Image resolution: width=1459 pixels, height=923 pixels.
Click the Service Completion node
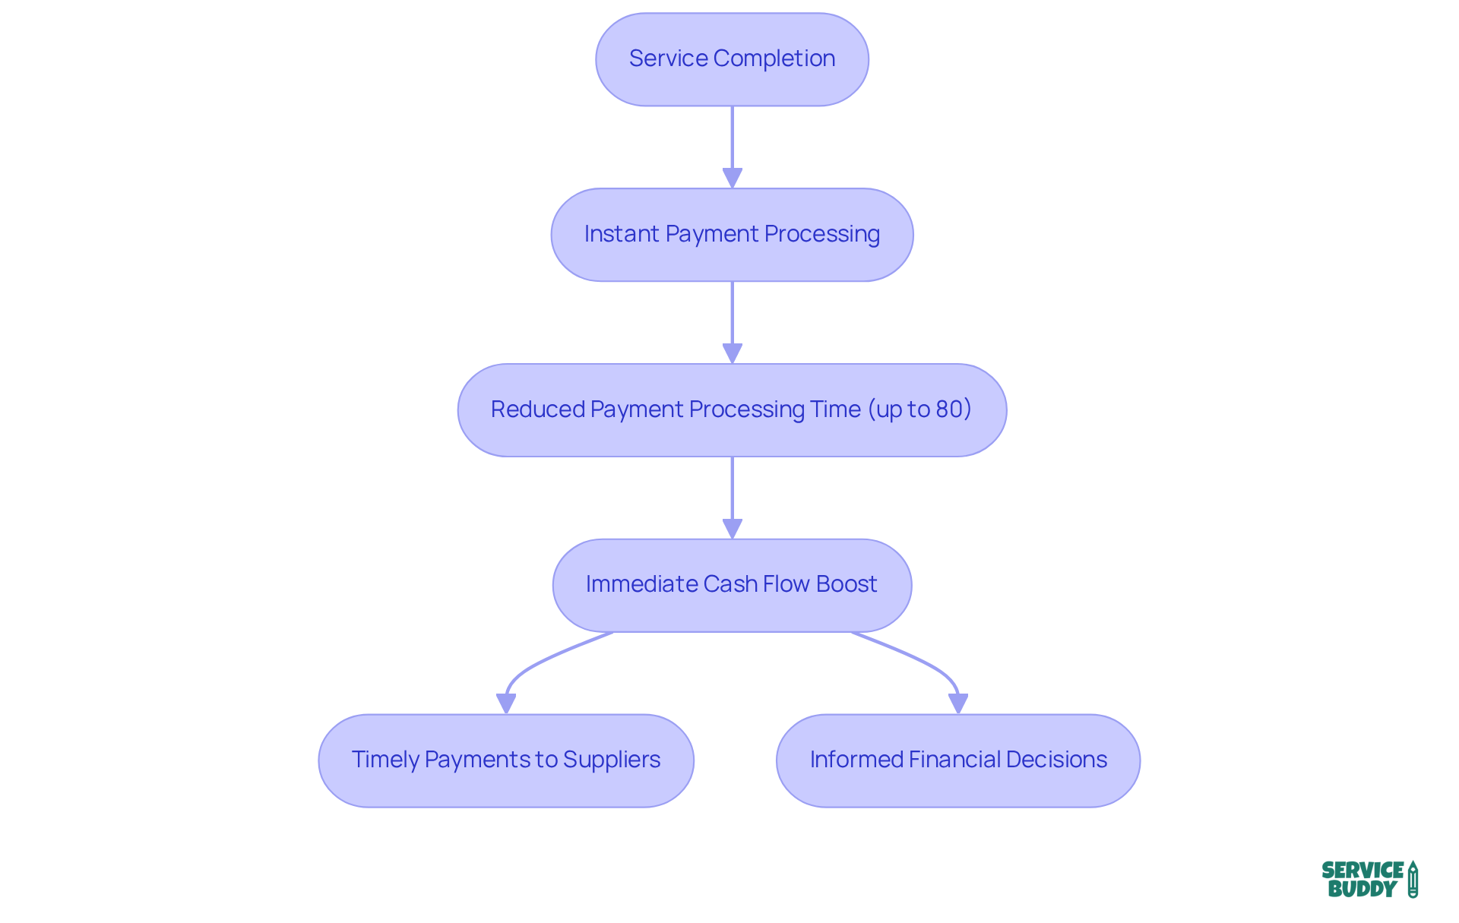[732, 59]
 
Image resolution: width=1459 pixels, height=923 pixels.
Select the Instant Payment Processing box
[732, 235]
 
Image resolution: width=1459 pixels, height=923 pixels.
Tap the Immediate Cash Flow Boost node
[732, 585]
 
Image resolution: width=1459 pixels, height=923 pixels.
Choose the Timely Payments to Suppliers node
[506, 760]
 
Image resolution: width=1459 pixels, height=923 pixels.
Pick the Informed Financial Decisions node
[957, 760]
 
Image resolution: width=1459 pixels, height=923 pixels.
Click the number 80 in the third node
[949, 409]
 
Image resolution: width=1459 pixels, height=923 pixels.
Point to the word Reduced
[537, 409]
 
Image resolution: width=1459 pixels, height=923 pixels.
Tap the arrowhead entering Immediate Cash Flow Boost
[732, 529]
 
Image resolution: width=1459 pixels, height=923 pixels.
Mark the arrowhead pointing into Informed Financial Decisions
[958, 703]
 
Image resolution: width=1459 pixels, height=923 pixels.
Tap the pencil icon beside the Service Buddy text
[1413, 879]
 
